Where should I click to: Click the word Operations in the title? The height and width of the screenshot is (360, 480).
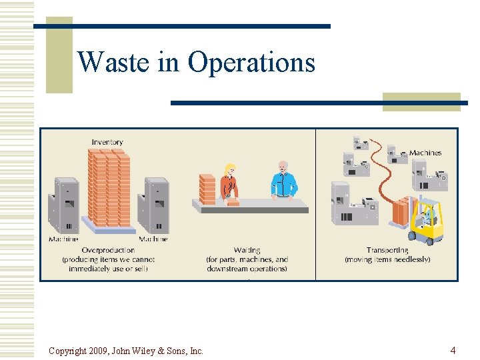pyautogui.click(x=251, y=62)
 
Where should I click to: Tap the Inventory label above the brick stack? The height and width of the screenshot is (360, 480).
pyautogui.click(x=107, y=142)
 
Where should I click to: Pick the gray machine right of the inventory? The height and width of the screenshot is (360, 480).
pyautogui.click(x=153, y=205)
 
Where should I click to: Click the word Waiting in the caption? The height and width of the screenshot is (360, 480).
pyautogui.click(x=247, y=250)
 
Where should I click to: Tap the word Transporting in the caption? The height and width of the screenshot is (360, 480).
pyautogui.click(x=387, y=250)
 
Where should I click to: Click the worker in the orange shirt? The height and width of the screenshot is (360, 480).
pyautogui.click(x=230, y=181)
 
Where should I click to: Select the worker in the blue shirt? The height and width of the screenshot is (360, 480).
pyautogui.click(x=284, y=180)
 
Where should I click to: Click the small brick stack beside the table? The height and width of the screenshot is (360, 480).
pyautogui.click(x=207, y=189)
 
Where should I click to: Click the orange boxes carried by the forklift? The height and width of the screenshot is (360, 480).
pyautogui.click(x=403, y=211)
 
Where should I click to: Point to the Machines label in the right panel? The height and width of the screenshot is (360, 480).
pyautogui.click(x=425, y=153)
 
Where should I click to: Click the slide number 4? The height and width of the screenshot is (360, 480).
pyautogui.click(x=453, y=350)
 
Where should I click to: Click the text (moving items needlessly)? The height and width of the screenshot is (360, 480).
pyautogui.click(x=387, y=259)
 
